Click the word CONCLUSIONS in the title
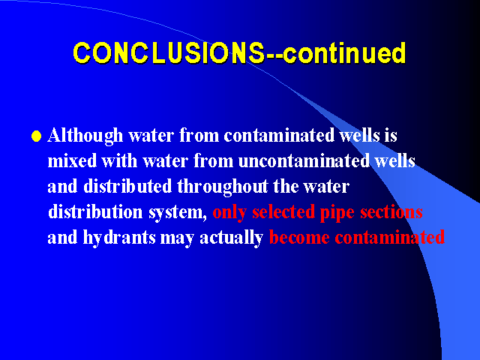(x=169, y=53)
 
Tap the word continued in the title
(x=344, y=53)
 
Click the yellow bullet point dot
(x=37, y=136)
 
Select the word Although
(x=85, y=135)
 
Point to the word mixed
(x=72, y=160)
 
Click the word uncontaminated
(x=304, y=160)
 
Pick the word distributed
(x=127, y=186)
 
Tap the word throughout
(x=223, y=187)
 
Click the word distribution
(x=95, y=211)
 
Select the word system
(x=178, y=213)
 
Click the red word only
(x=229, y=212)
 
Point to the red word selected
(x=283, y=211)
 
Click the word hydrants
(x=119, y=238)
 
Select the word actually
(x=232, y=238)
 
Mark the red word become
(x=299, y=237)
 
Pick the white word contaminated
(x=279, y=135)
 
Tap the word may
(x=177, y=239)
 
